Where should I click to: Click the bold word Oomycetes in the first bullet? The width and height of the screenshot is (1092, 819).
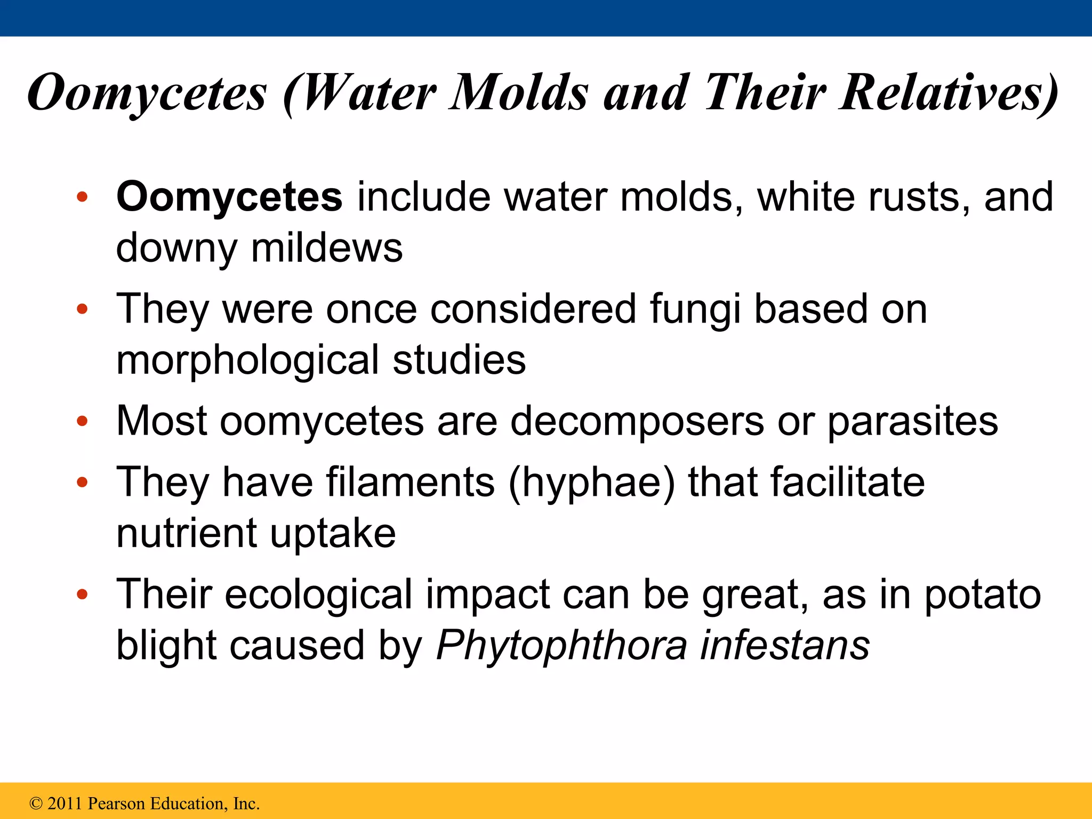tap(229, 197)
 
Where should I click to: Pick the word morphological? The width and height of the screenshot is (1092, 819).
tap(247, 360)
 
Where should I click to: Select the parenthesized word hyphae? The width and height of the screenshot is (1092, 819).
tap(592, 483)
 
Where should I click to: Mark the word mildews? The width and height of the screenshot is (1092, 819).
tap(327, 248)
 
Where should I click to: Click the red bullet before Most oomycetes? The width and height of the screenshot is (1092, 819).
tap(82, 422)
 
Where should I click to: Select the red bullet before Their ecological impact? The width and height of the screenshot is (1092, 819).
tap(82, 595)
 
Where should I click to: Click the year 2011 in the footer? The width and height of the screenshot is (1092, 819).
tap(66, 804)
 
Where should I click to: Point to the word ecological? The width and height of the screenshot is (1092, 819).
tap(318, 595)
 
